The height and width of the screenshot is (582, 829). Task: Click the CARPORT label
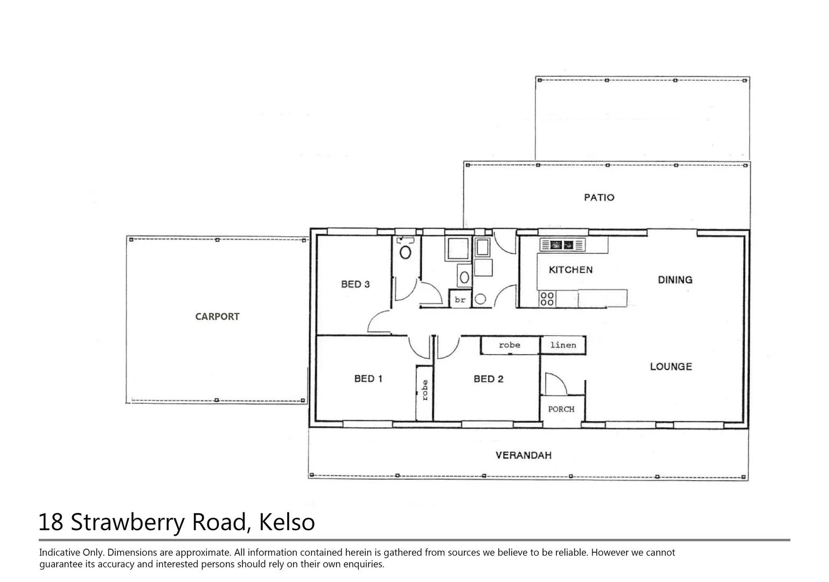[217, 317]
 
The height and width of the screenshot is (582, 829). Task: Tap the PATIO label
[599, 198]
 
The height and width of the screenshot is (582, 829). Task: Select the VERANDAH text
[523, 455]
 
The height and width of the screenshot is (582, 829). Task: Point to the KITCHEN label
[570, 270]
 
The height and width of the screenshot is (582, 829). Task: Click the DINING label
[675, 280]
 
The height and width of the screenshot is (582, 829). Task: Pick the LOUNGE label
[671, 366]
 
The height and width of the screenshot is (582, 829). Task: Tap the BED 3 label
[355, 284]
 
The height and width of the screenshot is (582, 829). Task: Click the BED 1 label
[368, 379]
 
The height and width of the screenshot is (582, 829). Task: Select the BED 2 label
[488, 379]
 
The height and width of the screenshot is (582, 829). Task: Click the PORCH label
[561, 409]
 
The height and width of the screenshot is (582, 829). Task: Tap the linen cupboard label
[563, 345]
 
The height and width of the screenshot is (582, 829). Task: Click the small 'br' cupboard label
[459, 300]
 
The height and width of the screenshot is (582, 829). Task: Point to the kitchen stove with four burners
[547, 299]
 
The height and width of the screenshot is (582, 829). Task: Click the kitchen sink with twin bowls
[562, 245]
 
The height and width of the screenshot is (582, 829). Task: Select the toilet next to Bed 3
[405, 251]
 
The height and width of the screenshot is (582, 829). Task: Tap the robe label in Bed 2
[509, 345]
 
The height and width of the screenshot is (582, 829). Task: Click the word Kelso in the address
[287, 522]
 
